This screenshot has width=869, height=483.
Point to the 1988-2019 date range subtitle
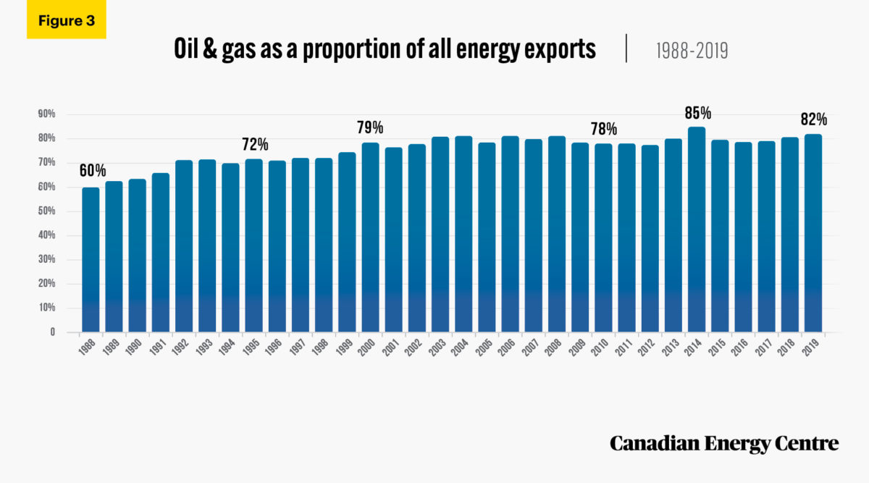point(692,50)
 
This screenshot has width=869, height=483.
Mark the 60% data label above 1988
point(91,170)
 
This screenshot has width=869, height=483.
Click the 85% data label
point(697,112)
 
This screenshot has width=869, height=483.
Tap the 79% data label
point(370,127)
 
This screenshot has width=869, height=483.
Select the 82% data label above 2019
point(813,119)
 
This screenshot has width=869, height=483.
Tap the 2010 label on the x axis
point(600,350)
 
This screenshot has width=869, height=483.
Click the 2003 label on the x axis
point(437,350)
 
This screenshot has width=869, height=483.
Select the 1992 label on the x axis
point(182,350)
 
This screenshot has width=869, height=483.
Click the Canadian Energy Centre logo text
point(723,443)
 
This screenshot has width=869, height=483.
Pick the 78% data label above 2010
point(603,129)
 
